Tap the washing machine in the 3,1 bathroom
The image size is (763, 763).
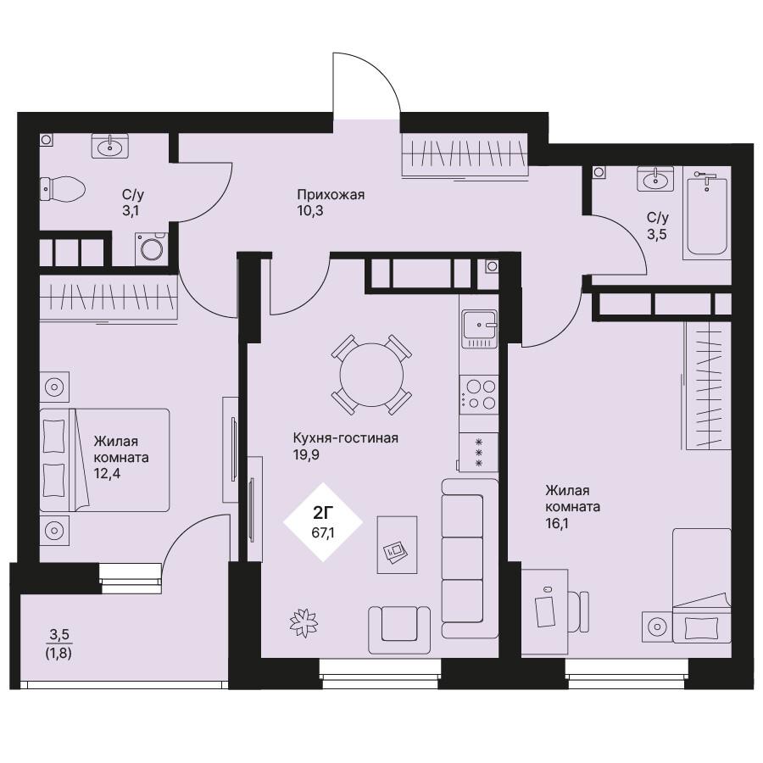point(152,248)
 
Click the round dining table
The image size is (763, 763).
point(372,375)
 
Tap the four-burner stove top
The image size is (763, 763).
point(479,395)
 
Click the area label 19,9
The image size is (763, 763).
point(306,455)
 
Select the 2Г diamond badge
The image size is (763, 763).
point(324,522)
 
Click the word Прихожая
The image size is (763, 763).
point(331,195)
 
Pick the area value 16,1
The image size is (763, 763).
point(557,524)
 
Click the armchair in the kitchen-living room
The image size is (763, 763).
point(399,630)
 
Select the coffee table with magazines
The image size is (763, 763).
point(397,545)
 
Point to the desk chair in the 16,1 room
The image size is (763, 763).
point(578,611)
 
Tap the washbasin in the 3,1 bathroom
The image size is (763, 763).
point(110,146)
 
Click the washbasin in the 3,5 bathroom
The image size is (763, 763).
point(656,179)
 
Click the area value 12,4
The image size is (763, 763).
point(107,473)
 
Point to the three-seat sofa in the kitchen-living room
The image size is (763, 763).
point(470,559)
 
